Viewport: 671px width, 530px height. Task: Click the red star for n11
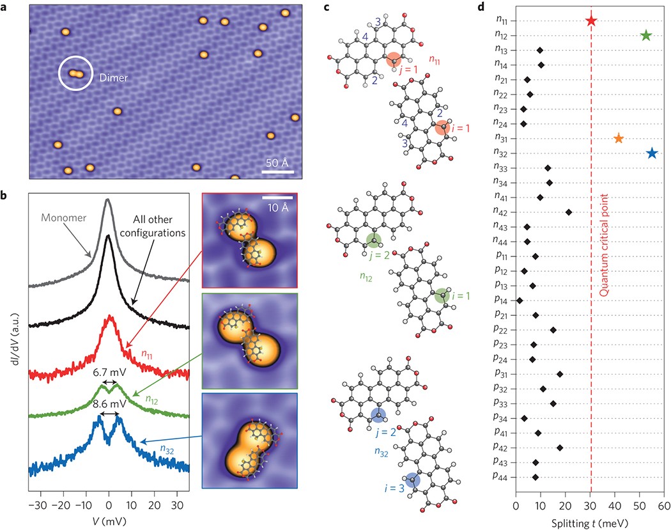click(x=591, y=20)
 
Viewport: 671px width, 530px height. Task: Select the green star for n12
click(x=645, y=35)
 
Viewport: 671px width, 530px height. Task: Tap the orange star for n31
click(x=618, y=138)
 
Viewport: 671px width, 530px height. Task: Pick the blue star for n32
click(x=651, y=153)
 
